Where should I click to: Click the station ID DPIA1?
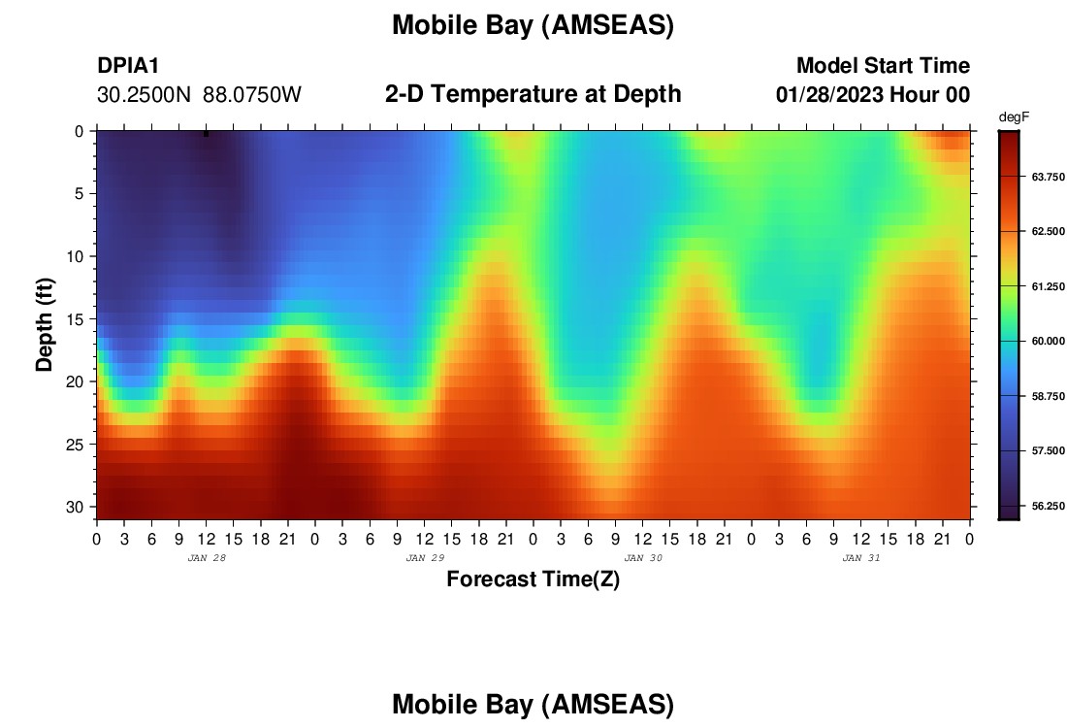pyautogui.click(x=128, y=65)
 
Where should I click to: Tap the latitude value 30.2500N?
pyautogui.click(x=145, y=95)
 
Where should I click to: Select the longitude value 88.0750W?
pyautogui.click(x=252, y=95)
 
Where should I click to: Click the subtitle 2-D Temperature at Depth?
pyautogui.click(x=533, y=94)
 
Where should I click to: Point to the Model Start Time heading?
pyautogui.click(x=884, y=65)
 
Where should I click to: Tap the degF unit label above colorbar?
pyautogui.click(x=1014, y=117)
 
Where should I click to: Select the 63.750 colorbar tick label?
pyautogui.click(x=1048, y=177)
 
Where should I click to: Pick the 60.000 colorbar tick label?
pyautogui.click(x=1048, y=341)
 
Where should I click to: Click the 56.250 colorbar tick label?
pyautogui.click(x=1048, y=506)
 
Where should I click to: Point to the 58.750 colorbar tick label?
pyautogui.click(x=1048, y=396)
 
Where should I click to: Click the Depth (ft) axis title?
pyautogui.click(x=45, y=324)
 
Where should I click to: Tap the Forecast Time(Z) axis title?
pyautogui.click(x=533, y=579)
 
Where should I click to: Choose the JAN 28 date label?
pyautogui.click(x=207, y=558)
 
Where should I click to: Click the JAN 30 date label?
pyautogui.click(x=643, y=558)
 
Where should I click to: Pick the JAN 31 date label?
pyautogui.click(x=861, y=558)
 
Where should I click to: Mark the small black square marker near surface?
pyautogui.click(x=207, y=134)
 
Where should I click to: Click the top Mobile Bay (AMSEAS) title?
pyautogui.click(x=533, y=26)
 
